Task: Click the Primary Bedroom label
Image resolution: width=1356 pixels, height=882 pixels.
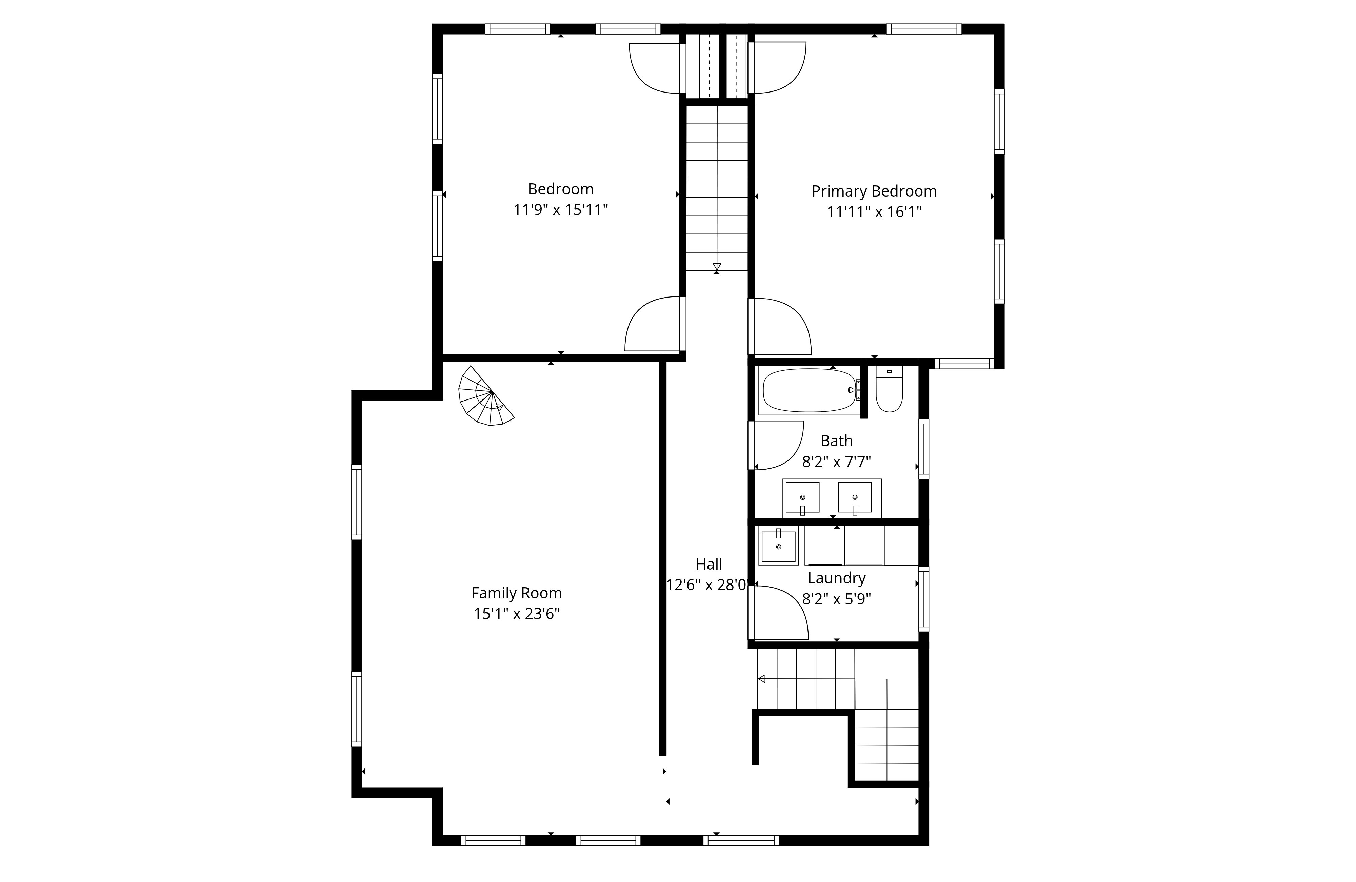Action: tap(874, 191)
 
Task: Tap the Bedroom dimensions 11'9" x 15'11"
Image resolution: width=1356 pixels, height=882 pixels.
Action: tap(561, 210)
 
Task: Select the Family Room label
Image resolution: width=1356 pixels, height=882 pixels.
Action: tap(516, 593)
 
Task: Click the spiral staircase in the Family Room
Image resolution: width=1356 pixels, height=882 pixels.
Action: tap(485, 398)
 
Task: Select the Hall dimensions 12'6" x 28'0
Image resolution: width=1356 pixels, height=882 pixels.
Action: tap(706, 585)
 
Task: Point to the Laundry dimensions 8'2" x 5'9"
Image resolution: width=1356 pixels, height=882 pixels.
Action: tap(836, 599)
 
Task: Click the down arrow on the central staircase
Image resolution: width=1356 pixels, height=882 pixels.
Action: tap(717, 266)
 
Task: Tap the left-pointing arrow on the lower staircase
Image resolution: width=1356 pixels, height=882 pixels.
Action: tap(762, 679)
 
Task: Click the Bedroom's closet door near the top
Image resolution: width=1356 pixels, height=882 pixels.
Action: tap(655, 68)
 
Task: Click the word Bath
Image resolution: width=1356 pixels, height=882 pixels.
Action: tap(836, 441)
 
